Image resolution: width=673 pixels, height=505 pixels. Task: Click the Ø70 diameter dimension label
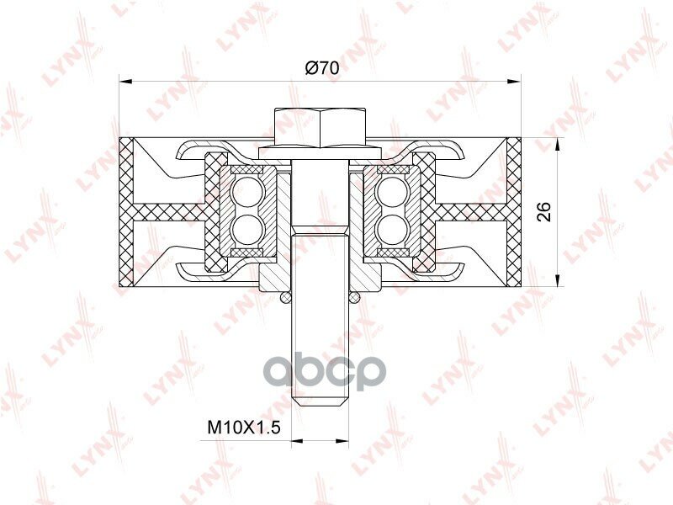tap(322, 68)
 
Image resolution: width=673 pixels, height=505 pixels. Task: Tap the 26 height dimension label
tap(544, 211)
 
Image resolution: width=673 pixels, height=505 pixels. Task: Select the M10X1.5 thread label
tap(244, 428)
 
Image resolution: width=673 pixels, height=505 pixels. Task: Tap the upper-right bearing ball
tap(389, 189)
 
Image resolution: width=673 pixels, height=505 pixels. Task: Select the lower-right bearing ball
tap(389, 227)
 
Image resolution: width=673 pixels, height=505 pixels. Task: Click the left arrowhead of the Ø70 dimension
tap(125, 81)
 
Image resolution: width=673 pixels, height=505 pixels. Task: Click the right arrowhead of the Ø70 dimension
tap(515, 81)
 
